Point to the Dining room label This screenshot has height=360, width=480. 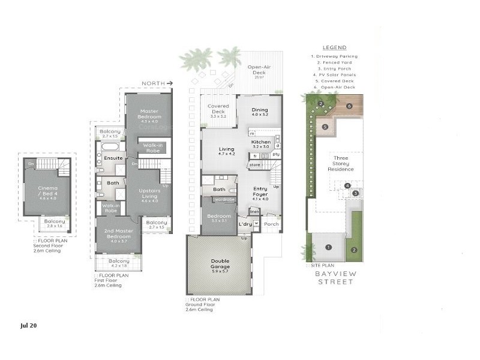(260, 110)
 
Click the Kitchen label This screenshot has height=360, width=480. (261, 142)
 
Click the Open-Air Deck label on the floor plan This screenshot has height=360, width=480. (260, 70)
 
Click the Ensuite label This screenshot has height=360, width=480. (113, 158)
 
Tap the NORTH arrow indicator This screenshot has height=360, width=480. (157, 83)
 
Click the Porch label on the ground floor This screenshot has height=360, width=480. (271, 225)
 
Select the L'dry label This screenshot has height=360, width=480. (244, 225)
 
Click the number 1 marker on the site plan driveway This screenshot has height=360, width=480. (328, 247)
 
